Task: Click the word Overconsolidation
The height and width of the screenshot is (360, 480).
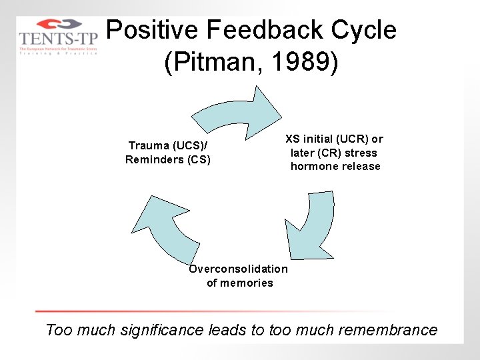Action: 239,269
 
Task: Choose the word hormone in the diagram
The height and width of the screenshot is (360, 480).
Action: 313,167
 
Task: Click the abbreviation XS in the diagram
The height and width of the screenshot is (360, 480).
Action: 293,139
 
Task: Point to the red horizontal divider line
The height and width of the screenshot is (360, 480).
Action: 200,311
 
